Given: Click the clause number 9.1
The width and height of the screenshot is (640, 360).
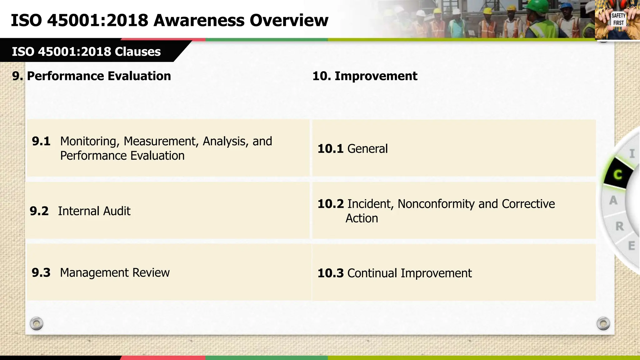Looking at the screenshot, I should (x=41, y=142).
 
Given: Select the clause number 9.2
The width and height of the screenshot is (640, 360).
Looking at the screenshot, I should (x=39, y=211).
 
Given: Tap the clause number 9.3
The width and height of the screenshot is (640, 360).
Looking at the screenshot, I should (x=41, y=273).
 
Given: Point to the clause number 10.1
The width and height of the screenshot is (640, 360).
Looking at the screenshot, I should (x=330, y=149).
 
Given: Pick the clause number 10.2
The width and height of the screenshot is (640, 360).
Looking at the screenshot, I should (x=330, y=204).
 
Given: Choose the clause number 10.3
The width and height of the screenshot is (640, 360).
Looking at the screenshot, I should (x=330, y=273).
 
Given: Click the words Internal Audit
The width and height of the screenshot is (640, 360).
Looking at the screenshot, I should (x=94, y=211).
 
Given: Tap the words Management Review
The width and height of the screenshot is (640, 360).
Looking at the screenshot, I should (x=115, y=273).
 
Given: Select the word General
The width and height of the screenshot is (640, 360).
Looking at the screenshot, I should (x=367, y=149).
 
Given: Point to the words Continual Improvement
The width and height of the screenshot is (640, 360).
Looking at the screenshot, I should (x=409, y=273).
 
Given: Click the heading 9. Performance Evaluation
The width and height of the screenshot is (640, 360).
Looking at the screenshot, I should (x=92, y=76).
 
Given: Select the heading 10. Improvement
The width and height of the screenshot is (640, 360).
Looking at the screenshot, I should (x=365, y=76).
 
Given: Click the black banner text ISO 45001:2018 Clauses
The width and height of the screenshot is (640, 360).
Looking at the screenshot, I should (x=86, y=52).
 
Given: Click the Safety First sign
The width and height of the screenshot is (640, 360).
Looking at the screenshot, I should (x=618, y=19).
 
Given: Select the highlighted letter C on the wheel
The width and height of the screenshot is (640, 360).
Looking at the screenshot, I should (x=617, y=175).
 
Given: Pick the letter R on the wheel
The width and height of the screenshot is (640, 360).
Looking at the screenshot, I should (x=619, y=226).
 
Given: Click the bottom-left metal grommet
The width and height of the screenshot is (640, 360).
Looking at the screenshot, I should (x=37, y=323).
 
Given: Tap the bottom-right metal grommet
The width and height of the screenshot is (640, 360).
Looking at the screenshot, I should (x=603, y=323).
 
